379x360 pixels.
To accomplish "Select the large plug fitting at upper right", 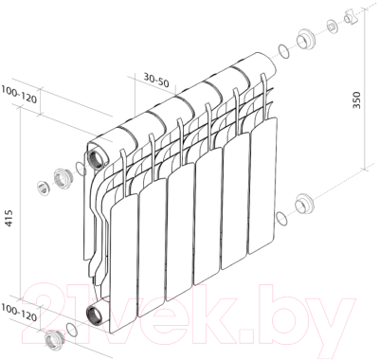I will (307, 42).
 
